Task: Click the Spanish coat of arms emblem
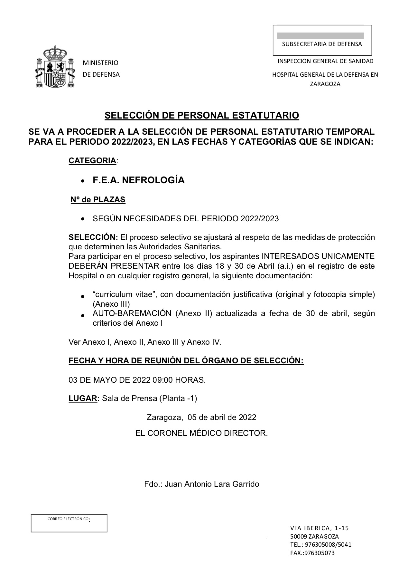pos(55,67)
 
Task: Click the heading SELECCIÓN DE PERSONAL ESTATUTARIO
pos(202,115)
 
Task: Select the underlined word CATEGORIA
pos(92,161)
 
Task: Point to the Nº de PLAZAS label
pos(98,200)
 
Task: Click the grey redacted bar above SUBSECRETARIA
pos(320,36)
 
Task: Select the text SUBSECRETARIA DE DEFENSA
pos(322,44)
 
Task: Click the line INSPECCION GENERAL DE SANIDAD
pos(326,61)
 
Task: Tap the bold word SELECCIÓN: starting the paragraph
pos(93,238)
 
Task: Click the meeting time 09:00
pos(163,380)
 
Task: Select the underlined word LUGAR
pos(83,398)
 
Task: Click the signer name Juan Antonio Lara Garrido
pos(212,484)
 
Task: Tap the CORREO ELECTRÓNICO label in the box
pos(68,519)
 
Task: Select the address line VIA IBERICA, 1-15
pos(319,528)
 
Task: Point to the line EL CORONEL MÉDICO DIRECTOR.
pos(202,433)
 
